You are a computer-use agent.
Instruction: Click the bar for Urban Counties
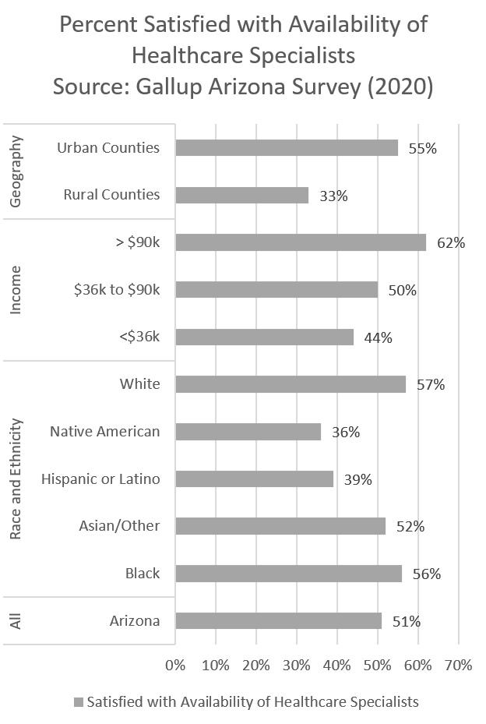287,148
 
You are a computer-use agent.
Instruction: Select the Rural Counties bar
242,195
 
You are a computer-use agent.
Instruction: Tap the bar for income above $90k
301,242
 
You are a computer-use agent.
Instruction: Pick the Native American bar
248,432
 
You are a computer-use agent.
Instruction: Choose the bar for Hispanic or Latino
255,479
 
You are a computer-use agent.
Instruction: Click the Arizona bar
279,621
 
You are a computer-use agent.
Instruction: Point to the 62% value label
451,243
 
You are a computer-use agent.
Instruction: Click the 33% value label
333,196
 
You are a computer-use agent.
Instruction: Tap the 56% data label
427,574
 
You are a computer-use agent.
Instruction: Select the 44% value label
378,337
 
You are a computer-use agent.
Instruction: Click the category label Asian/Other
119,526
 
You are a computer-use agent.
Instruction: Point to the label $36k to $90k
117,290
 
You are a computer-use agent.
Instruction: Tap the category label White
140,384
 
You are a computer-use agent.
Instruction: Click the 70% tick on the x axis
459,666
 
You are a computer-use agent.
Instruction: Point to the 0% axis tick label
176,666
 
